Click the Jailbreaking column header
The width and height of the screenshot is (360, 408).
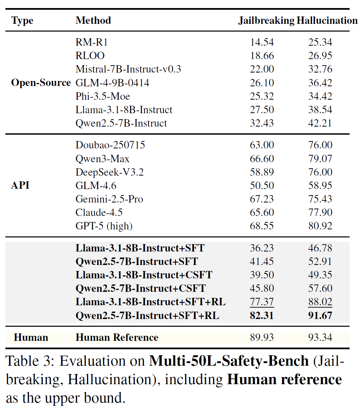tap(266, 20)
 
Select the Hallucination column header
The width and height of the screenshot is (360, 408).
tap(327, 20)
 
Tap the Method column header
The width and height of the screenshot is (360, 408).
tap(93, 20)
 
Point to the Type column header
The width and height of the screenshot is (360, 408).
tap(22, 20)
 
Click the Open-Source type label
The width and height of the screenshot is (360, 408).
tap(41, 83)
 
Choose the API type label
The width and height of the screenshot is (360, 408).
tap(20, 185)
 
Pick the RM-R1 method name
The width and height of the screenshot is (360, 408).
tap(91, 42)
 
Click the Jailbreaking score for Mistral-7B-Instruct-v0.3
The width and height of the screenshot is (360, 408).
tap(262, 69)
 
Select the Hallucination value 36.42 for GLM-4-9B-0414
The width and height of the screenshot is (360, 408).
tap(320, 83)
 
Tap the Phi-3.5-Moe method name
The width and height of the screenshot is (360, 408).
tap(103, 96)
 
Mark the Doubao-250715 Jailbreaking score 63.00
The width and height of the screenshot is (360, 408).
tap(262, 145)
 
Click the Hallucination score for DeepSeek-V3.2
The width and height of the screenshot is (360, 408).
tap(320, 172)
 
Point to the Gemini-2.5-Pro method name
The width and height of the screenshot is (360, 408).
tap(109, 199)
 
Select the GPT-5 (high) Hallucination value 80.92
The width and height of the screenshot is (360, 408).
tap(320, 226)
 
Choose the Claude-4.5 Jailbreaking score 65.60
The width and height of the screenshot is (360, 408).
tap(262, 213)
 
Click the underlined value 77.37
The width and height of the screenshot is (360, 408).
tap(262, 302)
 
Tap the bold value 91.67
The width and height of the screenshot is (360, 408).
tap(320, 316)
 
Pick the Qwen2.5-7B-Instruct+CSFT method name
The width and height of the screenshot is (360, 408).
tap(141, 288)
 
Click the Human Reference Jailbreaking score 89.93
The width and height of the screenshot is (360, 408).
tap(262, 337)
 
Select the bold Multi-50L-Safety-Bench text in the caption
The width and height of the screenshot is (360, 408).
tap(229, 361)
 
